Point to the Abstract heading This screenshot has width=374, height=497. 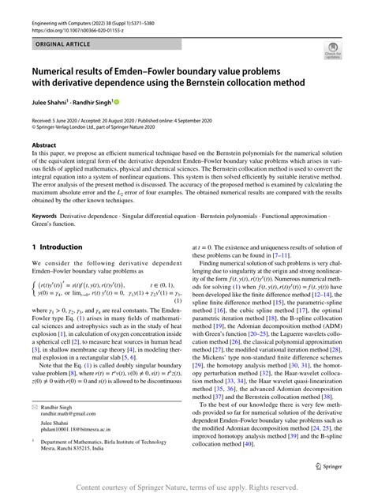pyautogui.click(x=44, y=145)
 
